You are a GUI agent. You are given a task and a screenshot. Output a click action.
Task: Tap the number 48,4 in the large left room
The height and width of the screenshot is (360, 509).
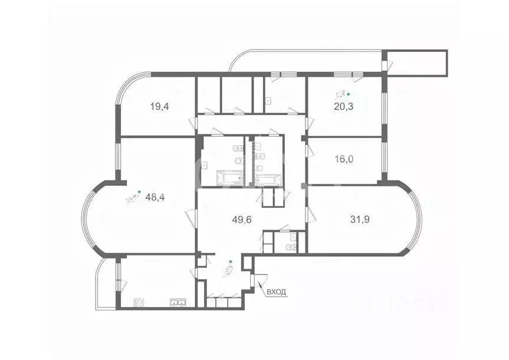(155, 198)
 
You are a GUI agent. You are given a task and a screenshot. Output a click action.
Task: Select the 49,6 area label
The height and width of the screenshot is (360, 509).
(242, 220)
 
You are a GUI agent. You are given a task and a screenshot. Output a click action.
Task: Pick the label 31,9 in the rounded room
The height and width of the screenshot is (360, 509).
(360, 219)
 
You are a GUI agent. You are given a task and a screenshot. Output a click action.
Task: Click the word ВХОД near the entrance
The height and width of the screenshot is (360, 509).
(277, 292)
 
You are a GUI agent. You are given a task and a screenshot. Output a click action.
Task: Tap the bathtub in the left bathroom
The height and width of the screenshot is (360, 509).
(230, 178)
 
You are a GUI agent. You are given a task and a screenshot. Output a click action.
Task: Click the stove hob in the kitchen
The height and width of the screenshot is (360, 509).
(139, 303)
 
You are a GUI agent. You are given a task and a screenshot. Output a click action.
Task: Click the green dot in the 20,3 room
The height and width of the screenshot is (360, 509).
(349, 94)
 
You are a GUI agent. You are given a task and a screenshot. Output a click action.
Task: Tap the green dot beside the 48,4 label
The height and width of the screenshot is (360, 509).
(139, 191)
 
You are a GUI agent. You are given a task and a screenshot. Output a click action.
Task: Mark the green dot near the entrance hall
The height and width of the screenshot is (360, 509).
(231, 261)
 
